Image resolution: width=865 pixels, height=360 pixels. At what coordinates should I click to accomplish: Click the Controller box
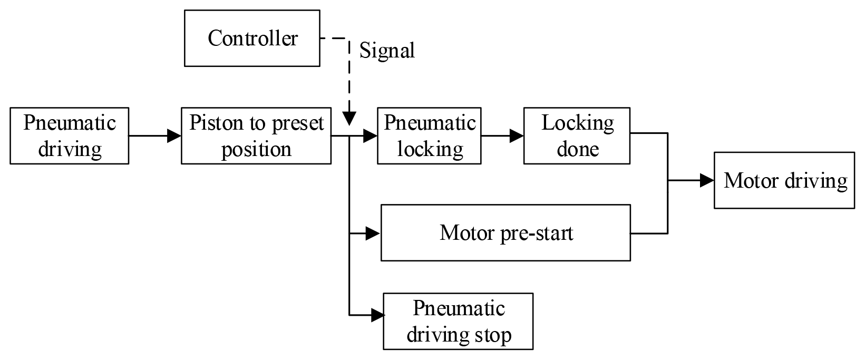(x=252, y=38)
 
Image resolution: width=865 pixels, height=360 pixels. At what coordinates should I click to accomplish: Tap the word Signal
(x=387, y=51)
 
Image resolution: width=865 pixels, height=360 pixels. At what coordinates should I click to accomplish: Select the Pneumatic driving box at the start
(x=70, y=136)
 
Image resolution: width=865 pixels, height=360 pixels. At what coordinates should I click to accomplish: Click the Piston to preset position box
(x=256, y=136)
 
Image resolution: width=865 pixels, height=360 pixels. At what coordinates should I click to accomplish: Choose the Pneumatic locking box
(x=429, y=136)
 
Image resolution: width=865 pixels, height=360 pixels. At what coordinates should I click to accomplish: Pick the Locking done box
(x=577, y=136)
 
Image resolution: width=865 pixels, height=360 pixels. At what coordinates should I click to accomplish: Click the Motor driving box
(x=784, y=181)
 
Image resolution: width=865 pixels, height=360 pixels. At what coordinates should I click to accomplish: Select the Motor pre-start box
(x=506, y=232)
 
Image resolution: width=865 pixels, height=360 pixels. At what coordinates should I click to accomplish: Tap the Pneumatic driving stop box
(x=458, y=322)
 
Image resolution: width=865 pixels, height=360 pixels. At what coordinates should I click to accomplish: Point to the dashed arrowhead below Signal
(x=349, y=119)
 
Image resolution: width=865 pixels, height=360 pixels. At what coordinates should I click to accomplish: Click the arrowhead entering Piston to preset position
(x=174, y=136)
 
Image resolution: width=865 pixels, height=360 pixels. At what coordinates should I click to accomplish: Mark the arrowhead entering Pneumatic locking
(x=371, y=136)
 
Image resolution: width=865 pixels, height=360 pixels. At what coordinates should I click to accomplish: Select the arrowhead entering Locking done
(x=517, y=136)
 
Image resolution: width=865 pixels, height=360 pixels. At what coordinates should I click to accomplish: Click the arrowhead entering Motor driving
(x=707, y=181)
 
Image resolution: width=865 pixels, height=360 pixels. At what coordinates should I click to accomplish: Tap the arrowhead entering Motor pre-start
(x=374, y=232)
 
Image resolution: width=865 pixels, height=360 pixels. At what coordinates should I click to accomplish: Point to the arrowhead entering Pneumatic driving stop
(x=377, y=316)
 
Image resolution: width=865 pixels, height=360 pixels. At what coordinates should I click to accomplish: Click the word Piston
(x=213, y=123)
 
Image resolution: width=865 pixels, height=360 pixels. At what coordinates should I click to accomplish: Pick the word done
(x=578, y=149)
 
